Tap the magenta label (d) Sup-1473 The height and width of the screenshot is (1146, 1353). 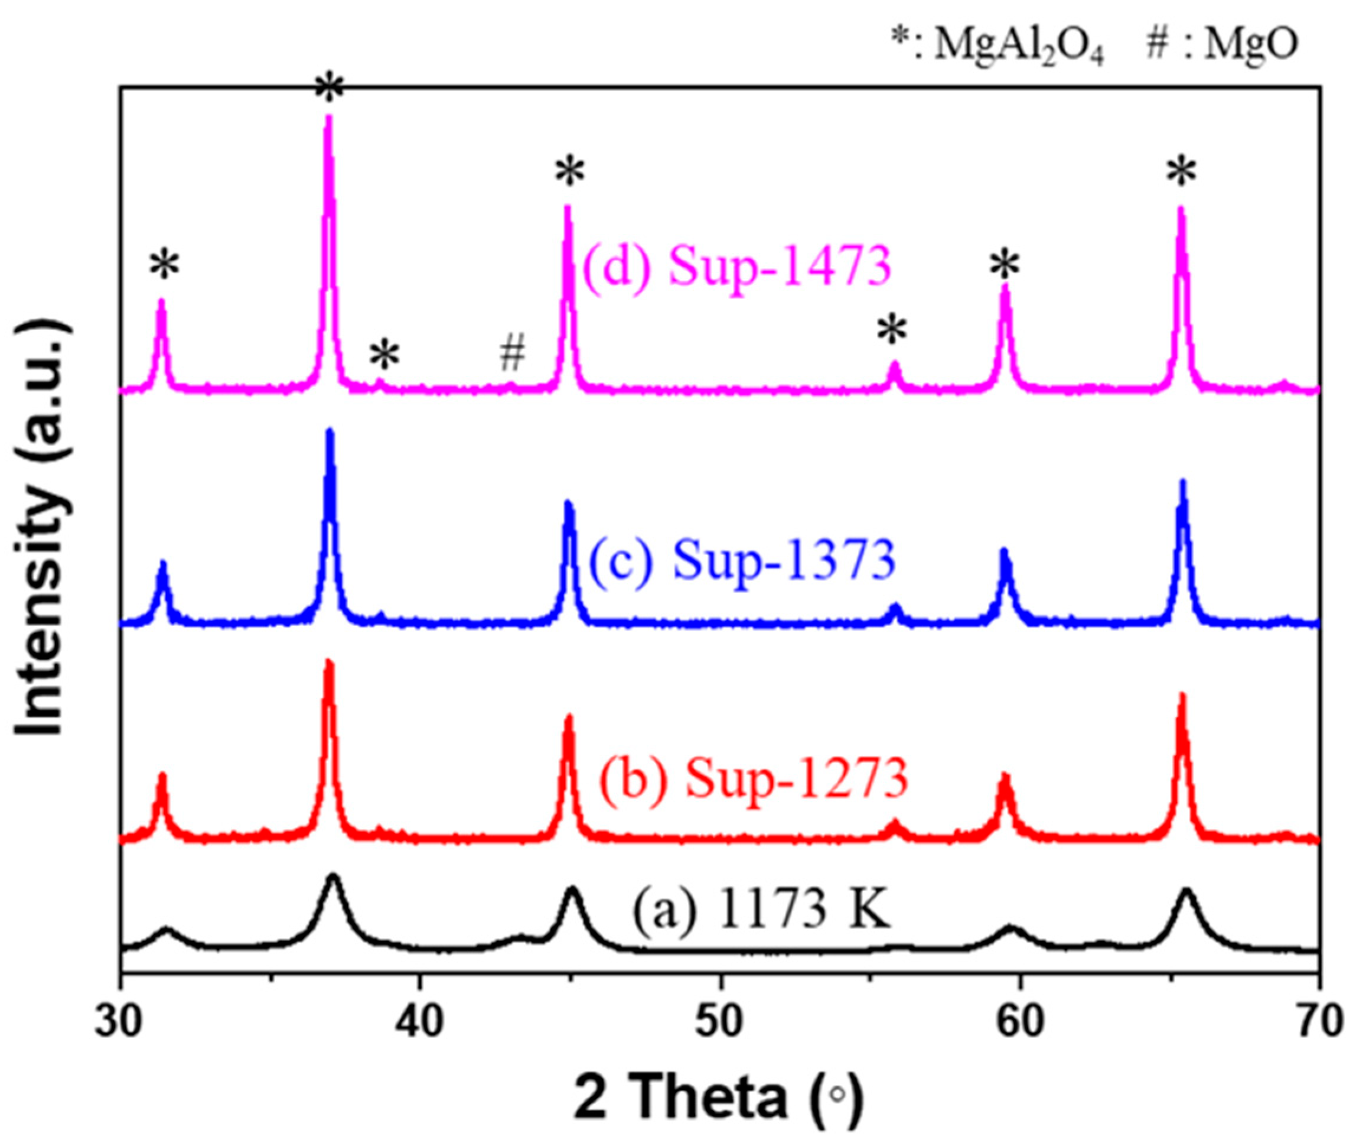(737, 267)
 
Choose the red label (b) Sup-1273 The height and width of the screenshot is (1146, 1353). (753, 778)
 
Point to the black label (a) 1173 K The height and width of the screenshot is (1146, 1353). (761, 924)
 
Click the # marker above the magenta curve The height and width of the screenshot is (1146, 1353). (512, 355)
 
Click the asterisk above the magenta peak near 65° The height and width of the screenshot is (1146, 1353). (1181, 174)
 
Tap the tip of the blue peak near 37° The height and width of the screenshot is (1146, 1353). (329, 431)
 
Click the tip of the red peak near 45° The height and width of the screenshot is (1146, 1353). (569, 716)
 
